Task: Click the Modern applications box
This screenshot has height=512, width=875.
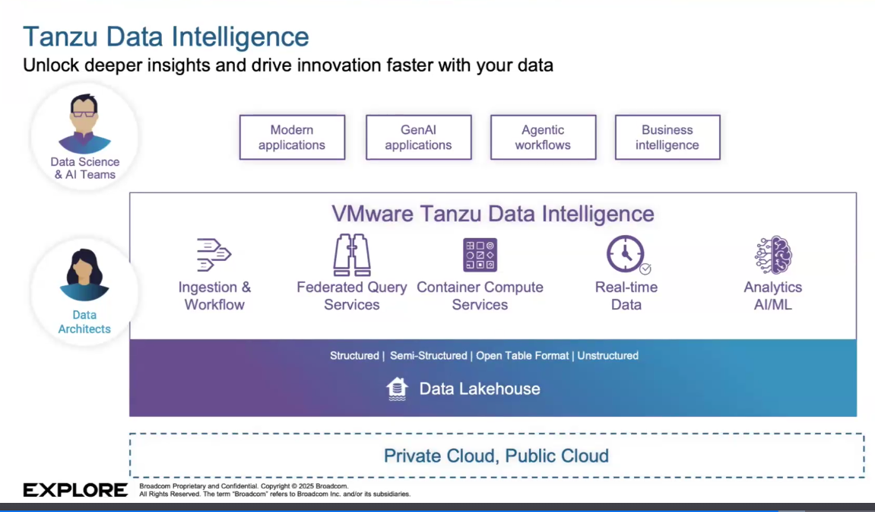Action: [292, 138]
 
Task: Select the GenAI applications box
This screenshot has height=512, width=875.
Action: [419, 138]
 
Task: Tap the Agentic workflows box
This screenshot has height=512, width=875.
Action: [543, 138]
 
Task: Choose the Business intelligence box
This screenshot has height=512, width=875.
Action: [667, 138]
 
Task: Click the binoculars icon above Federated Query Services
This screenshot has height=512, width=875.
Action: [351, 255]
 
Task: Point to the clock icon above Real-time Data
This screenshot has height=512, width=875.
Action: [627, 255]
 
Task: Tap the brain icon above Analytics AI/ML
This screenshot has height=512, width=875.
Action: [773, 255]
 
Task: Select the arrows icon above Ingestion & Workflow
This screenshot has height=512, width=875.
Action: [213, 255]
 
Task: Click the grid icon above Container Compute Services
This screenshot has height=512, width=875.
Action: [480, 255]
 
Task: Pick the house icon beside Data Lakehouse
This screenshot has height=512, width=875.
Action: [397, 390]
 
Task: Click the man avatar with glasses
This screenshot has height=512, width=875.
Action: [84, 123]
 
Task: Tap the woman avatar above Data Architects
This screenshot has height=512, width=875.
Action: [84, 275]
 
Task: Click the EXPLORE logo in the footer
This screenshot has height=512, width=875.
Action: [75, 490]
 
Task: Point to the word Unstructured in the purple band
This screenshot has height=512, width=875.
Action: [607, 356]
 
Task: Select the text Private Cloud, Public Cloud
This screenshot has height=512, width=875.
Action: [496, 456]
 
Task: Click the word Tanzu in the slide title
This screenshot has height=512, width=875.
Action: [61, 37]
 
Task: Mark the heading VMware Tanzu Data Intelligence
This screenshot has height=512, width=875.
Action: [493, 214]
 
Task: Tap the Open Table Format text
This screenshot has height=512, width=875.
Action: [522, 356]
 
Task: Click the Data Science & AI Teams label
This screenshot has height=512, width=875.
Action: [85, 168]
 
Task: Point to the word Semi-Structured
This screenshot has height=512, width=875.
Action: [429, 356]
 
